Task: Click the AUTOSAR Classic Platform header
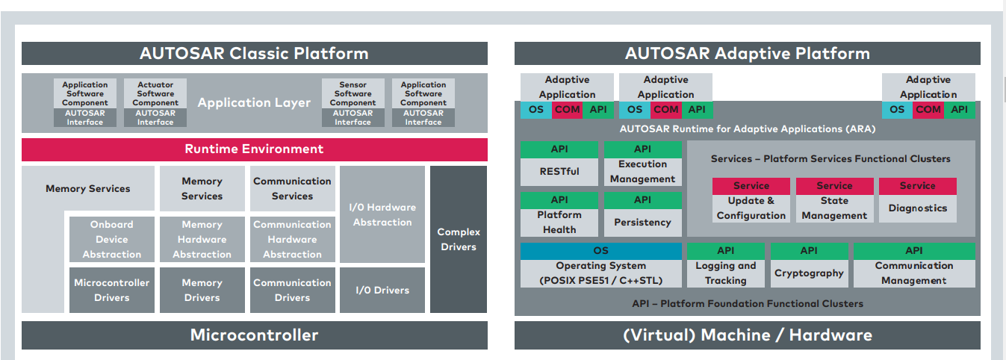click(x=254, y=54)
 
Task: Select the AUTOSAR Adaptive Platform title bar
click(x=747, y=54)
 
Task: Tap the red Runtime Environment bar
click(x=254, y=149)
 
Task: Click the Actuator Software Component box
click(x=155, y=94)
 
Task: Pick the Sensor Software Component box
click(x=353, y=94)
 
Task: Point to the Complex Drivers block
click(x=459, y=239)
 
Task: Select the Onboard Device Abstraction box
click(x=112, y=239)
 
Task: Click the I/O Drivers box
click(x=382, y=290)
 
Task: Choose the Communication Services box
click(x=292, y=188)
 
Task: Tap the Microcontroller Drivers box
click(x=112, y=290)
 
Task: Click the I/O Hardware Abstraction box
click(x=382, y=214)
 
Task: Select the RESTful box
click(x=559, y=172)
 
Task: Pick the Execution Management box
click(x=642, y=172)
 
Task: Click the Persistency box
click(x=642, y=223)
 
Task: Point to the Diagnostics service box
click(x=917, y=208)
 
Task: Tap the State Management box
click(x=834, y=208)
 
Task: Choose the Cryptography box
click(x=809, y=273)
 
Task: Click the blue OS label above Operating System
click(x=601, y=251)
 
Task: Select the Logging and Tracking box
click(x=726, y=273)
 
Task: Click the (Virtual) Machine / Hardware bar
click(x=747, y=335)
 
